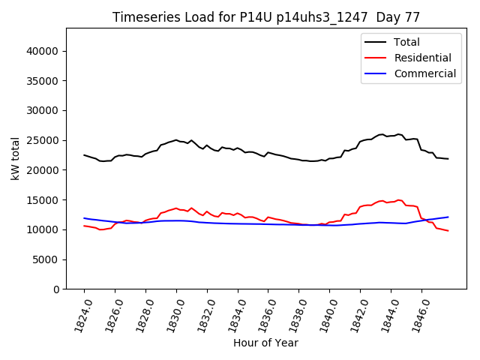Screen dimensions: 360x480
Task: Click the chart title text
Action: pos(266,16)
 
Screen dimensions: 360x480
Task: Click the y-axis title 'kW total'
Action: pos(15,159)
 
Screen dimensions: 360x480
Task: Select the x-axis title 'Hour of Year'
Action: pos(265,343)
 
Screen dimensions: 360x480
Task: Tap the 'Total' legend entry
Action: pos(406,42)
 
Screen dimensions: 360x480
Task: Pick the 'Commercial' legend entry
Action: pos(424,73)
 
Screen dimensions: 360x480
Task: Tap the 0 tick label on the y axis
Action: pos(55,289)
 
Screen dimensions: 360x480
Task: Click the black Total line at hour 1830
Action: pos(176,139)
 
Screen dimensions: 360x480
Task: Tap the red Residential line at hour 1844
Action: pos(391,202)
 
